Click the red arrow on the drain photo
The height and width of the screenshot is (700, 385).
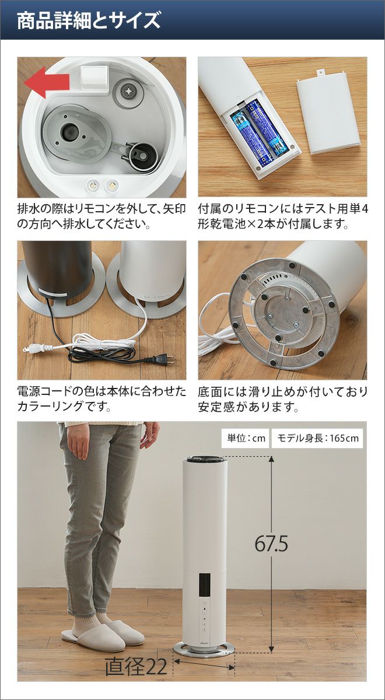46,82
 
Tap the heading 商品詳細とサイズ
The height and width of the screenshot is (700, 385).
89,20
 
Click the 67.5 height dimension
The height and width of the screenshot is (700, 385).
271,544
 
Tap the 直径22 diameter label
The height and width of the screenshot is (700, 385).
136,666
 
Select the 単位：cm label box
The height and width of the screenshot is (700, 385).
246,438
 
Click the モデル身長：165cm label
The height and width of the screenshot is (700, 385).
318,438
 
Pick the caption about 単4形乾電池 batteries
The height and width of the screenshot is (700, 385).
283,216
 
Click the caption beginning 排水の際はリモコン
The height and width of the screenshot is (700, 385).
101,216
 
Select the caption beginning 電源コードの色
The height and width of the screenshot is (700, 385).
101,399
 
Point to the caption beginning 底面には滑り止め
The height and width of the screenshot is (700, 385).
283,399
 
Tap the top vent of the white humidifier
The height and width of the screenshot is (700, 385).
205,460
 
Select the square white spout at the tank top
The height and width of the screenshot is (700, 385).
94,77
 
